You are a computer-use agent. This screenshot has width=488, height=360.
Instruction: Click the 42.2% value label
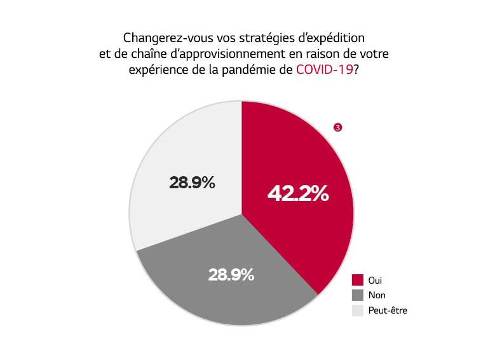297,193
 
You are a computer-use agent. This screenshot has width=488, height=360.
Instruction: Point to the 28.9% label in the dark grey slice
231,275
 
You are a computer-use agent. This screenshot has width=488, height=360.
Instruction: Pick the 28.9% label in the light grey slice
192,183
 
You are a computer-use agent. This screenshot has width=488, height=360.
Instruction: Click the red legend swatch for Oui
357,280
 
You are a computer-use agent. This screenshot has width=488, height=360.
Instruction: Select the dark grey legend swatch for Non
357,295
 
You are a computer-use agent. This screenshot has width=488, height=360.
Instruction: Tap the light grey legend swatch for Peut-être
357,310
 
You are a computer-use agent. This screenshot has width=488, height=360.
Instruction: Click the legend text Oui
376,280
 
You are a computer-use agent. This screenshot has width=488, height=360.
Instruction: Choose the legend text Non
377,295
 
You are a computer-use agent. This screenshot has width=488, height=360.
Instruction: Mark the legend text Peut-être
388,310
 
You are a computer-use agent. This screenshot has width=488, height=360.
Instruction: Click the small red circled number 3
338,128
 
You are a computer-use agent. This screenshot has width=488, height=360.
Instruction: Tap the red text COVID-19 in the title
324,71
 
